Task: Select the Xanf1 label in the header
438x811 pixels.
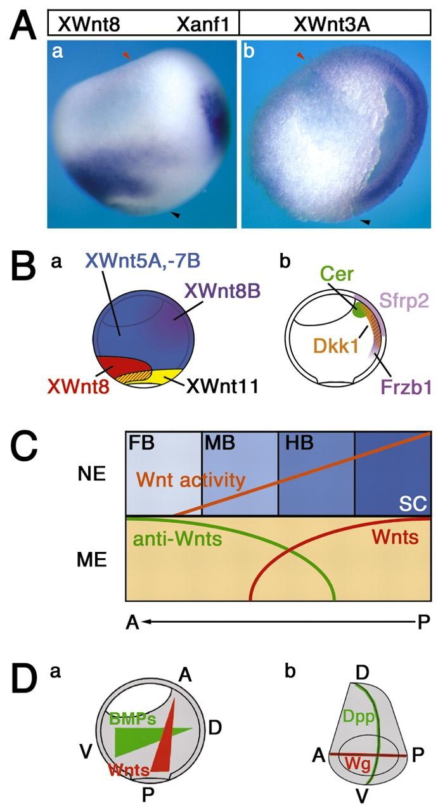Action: point(204,24)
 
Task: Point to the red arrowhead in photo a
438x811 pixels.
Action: point(126,57)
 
